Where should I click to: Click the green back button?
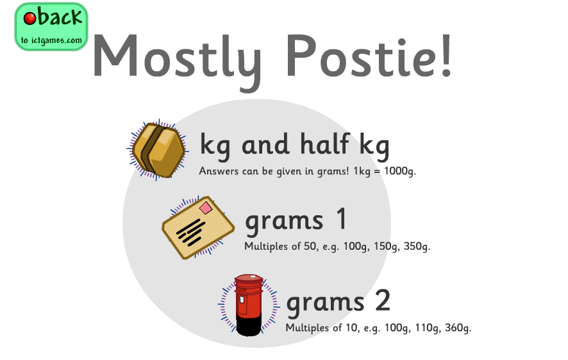51,27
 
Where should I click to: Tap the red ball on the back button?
29,18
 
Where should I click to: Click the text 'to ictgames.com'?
51,40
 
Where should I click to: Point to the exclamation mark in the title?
446,55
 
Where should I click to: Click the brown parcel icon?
158,150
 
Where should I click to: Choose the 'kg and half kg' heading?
294,146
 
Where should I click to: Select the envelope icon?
198,227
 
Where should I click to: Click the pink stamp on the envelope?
206,208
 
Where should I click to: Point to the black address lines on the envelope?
190,232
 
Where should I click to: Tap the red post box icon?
249,305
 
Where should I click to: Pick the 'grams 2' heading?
338,301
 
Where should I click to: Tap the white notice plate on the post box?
242,300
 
